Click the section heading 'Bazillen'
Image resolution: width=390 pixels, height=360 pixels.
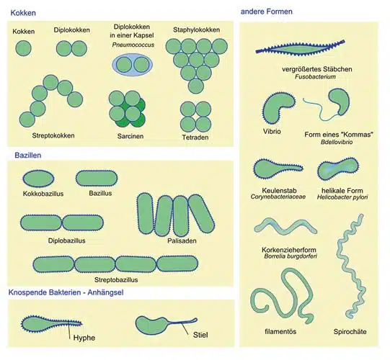pos(28,156)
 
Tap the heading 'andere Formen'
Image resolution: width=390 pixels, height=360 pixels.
pos(267,12)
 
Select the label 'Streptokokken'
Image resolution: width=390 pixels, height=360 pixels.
pos(53,135)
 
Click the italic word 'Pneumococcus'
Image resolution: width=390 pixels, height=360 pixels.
pos(133,45)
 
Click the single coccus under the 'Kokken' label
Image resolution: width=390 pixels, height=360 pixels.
pos(23,48)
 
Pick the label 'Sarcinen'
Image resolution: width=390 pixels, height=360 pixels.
pos(130,136)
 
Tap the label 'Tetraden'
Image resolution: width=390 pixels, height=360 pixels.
pos(195,138)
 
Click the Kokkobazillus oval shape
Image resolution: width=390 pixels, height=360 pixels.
pos(38,179)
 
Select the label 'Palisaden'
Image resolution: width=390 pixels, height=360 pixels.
pos(182,240)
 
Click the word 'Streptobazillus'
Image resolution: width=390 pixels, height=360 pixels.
pos(116,280)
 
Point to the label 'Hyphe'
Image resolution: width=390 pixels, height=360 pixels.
pos(84,338)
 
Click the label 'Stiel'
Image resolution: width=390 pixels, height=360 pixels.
pos(200,335)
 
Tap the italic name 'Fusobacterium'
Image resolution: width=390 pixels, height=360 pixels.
pos(315,77)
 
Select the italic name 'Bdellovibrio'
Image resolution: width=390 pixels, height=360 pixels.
pos(337,142)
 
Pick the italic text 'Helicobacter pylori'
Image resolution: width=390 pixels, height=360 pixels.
pos(342,197)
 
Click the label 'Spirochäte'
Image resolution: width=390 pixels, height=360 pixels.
pos(350,332)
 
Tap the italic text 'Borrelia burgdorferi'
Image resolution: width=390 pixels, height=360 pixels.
pos(291,256)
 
